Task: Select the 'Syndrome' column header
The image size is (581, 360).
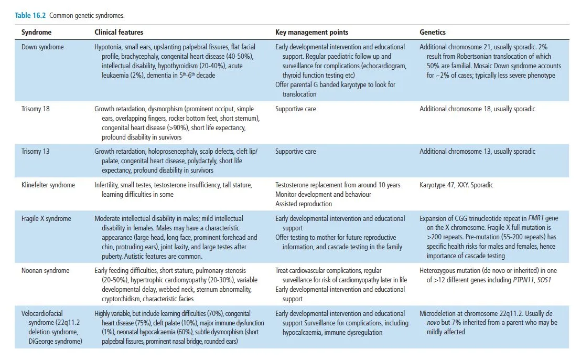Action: tap(36, 33)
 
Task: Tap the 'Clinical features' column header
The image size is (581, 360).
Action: tap(119, 33)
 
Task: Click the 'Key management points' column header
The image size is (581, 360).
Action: tap(311, 33)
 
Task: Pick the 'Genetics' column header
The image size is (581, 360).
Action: tap(433, 33)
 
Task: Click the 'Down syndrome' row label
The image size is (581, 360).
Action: tap(42, 47)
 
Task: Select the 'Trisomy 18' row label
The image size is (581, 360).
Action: tap(35, 109)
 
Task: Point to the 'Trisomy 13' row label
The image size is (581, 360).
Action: tap(35, 152)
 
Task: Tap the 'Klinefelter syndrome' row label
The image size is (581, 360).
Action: tap(48, 185)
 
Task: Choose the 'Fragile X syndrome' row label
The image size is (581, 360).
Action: tap(46, 218)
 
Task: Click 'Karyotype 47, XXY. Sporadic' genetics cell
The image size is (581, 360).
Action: tap(456, 185)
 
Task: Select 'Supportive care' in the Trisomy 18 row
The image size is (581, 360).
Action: tap(296, 109)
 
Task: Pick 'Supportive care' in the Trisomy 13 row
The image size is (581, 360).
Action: tap(296, 152)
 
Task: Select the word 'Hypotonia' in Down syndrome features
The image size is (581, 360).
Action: tap(108, 47)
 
